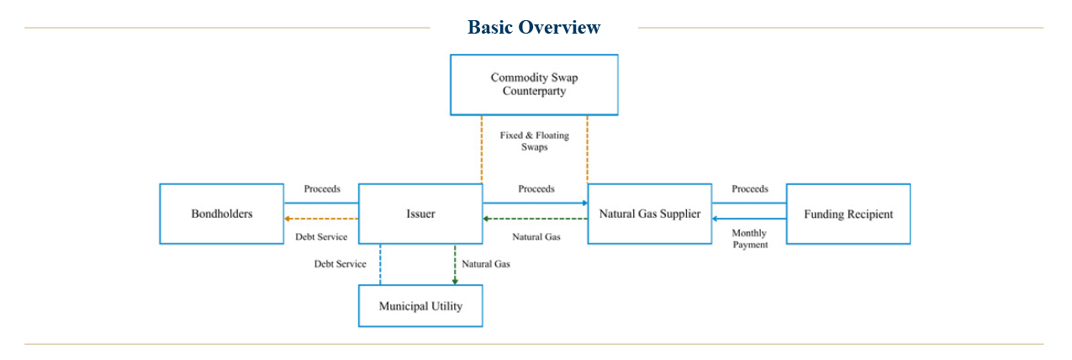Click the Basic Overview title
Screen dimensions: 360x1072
(534, 27)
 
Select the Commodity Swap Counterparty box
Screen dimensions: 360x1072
(534, 85)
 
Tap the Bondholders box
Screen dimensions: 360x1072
(221, 214)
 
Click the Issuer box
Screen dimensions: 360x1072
(420, 214)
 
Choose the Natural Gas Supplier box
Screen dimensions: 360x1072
(649, 214)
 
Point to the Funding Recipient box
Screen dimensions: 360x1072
(848, 214)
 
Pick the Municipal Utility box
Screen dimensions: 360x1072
(420, 306)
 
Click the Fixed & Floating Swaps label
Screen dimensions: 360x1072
(534, 140)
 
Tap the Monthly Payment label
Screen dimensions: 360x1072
(749, 239)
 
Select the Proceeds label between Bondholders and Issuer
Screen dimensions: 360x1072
(322, 189)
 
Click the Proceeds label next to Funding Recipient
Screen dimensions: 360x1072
(749, 189)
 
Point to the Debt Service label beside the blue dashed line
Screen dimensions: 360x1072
(341, 264)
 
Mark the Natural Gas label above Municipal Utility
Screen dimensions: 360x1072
(485, 264)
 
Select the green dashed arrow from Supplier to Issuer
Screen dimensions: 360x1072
(535, 219)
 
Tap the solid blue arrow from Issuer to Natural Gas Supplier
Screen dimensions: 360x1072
(535, 203)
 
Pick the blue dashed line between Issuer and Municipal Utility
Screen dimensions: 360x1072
(380, 265)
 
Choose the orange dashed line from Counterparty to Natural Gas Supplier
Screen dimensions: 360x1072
(587, 149)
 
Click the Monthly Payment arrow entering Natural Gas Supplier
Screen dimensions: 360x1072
(748, 219)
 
